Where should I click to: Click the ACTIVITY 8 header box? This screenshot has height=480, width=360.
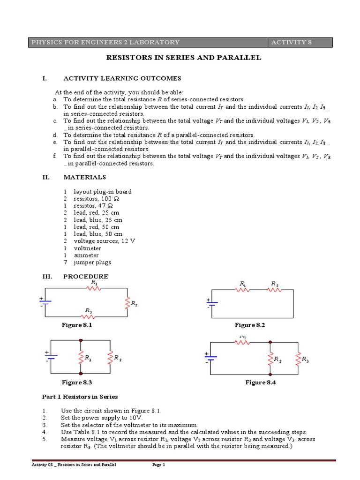(x=300, y=43)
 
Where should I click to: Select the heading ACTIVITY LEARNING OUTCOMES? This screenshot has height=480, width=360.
(x=122, y=78)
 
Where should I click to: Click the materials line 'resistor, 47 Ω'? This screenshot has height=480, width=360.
(x=93, y=206)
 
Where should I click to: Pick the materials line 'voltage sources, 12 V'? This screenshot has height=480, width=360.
(x=104, y=241)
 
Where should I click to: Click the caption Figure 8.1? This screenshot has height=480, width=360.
(x=76, y=325)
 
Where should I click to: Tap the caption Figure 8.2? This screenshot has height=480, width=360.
(x=250, y=325)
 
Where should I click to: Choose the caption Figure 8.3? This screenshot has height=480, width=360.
(x=76, y=383)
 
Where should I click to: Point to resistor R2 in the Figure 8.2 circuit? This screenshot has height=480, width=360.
(x=274, y=290)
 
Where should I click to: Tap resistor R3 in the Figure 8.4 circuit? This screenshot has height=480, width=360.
(x=298, y=360)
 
